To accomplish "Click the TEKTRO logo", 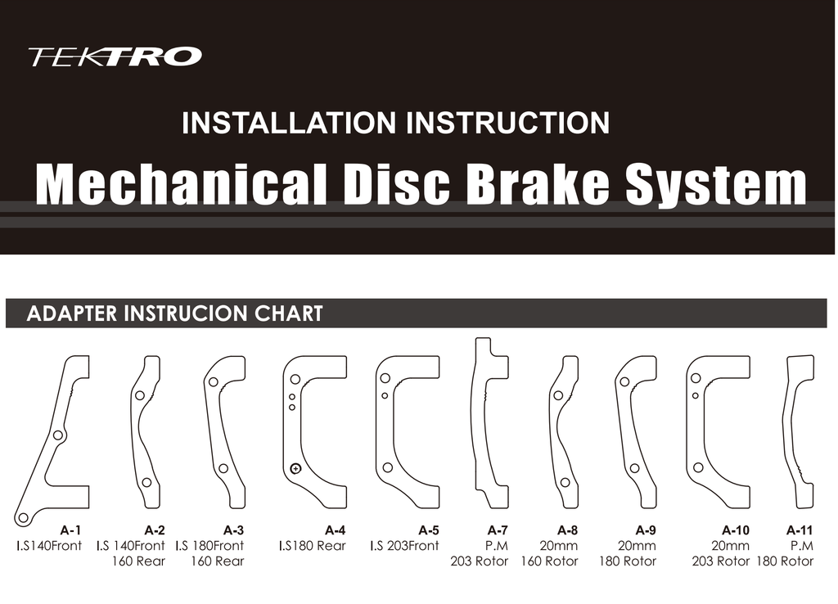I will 115,56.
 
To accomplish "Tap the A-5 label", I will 429,530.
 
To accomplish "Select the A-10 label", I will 736,530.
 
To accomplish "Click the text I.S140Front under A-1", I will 49,546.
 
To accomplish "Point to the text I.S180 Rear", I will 312,546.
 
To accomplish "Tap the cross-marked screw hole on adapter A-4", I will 295,469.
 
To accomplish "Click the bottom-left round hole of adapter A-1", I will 23,517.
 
